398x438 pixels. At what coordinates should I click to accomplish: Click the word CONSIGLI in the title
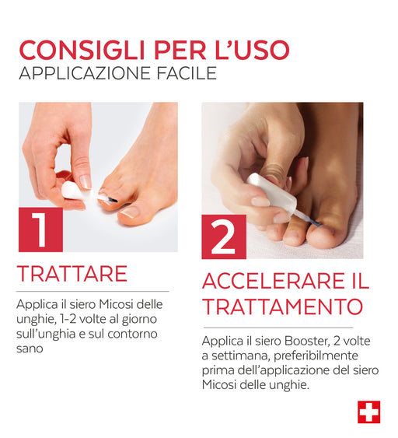point(82,50)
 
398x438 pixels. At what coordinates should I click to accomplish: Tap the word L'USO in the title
point(253,50)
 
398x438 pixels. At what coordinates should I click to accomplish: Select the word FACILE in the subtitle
point(187,73)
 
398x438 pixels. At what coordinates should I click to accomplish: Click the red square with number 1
point(40,230)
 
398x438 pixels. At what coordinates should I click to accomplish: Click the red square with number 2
point(224,237)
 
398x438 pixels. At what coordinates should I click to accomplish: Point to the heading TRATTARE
point(72,274)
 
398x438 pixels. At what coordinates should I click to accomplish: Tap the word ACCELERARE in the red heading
point(274,281)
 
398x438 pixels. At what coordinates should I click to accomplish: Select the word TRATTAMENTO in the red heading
point(283,307)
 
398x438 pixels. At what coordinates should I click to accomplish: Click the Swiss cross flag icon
point(369,412)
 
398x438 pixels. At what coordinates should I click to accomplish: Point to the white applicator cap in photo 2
point(271,192)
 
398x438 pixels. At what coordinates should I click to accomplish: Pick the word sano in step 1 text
point(30,349)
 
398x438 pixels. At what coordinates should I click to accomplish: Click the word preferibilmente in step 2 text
point(316,356)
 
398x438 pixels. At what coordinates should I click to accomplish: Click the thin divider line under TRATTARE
point(93,291)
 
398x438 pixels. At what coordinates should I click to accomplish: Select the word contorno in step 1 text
point(133,335)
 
